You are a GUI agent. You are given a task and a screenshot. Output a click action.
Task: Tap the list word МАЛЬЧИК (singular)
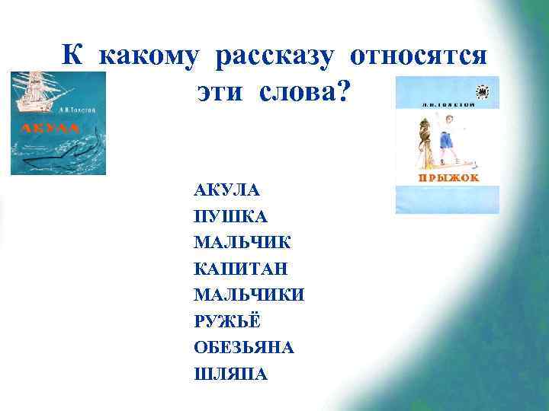242,242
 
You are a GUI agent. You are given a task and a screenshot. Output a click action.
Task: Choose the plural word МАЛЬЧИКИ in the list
249,295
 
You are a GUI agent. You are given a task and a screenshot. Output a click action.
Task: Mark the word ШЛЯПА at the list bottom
231,374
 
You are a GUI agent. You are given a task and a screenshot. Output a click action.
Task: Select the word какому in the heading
150,56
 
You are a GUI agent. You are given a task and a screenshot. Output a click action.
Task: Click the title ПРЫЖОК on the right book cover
446,178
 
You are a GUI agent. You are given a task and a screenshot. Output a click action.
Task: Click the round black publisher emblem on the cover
483,91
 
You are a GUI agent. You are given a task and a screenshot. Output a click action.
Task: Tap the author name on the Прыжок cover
427,100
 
